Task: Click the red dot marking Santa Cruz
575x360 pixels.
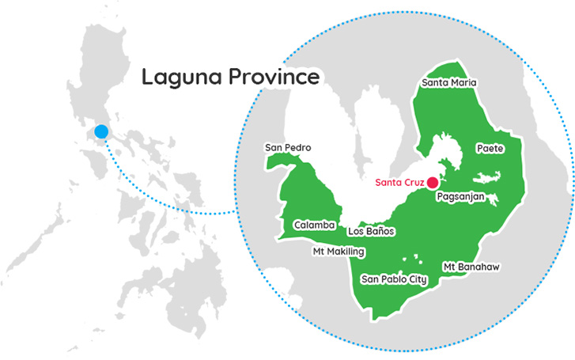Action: pyautogui.click(x=433, y=182)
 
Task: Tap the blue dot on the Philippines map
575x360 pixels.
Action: pyautogui.click(x=100, y=132)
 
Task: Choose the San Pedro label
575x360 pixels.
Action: pyautogui.click(x=288, y=148)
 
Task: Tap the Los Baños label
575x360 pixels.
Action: pyautogui.click(x=371, y=232)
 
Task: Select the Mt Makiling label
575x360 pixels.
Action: pyautogui.click(x=338, y=252)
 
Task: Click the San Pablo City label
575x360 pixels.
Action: pyautogui.click(x=394, y=279)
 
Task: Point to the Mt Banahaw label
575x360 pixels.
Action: pyautogui.click(x=471, y=267)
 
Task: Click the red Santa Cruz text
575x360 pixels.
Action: pyautogui.click(x=399, y=182)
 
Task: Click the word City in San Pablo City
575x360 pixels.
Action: pyautogui.click(x=416, y=279)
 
